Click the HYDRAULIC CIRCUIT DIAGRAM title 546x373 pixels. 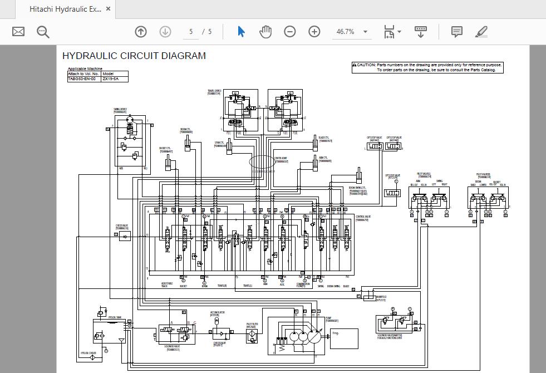[x=134, y=56]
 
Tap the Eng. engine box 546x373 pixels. [x=344, y=338]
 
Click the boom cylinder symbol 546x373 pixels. [x=189, y=145]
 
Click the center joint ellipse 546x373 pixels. [x=262, y=163]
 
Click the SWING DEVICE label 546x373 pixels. [x=120, y=110]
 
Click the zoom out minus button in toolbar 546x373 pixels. [x=289, y=32]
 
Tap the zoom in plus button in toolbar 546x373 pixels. [x=314, y=32]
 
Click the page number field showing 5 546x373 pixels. [x=191, y=32]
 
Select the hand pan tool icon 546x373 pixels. [x=265, y=32]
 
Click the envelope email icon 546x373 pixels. [x=18, y=32]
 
